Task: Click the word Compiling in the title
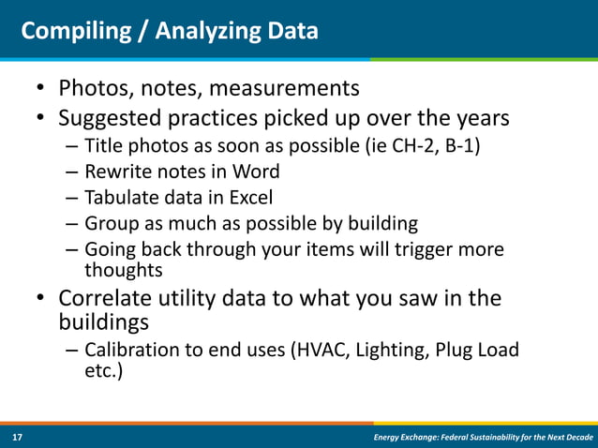point(70,32)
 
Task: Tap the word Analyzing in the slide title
point(193,32)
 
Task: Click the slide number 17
point(17,438)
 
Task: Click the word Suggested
point(110,119)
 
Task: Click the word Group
point(110,224)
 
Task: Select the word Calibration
point(131,350)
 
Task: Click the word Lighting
point(398,350)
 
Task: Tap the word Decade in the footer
point(574,438)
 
